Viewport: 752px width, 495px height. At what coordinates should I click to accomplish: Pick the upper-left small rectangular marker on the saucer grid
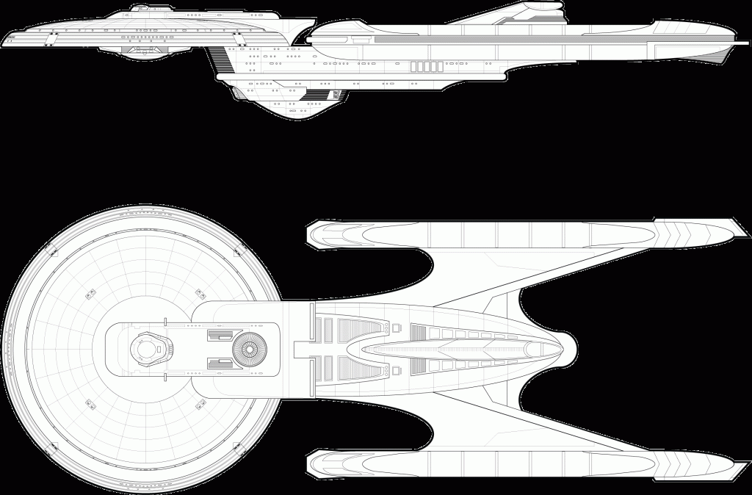[x=90, y=294]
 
